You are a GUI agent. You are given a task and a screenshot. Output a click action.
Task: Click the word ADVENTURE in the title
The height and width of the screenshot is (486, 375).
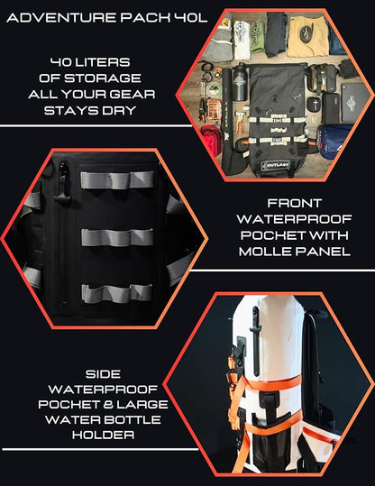tap(61, 18)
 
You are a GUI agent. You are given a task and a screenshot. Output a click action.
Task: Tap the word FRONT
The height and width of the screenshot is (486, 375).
tap(294, 204)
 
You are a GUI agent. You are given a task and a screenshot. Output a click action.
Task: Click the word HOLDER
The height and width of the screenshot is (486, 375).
tap(103, 435)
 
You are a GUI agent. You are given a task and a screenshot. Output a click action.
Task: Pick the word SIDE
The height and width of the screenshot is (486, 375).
tap(103, 374)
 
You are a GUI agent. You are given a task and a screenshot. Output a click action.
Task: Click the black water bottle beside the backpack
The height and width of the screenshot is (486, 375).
tap(239, 82)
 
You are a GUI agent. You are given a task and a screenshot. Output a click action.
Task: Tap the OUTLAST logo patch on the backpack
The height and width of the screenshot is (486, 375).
tap(275, 166)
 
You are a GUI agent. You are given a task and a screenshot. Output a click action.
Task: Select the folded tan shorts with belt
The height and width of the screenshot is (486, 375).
tap(306, 36)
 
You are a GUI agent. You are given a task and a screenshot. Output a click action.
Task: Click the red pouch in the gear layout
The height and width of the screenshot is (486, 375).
tap(211, 140)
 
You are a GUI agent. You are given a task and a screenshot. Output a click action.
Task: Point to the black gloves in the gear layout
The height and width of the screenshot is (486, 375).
tap(348, 69)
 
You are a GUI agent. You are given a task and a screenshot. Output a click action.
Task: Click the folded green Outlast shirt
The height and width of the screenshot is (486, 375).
tap(257, 37)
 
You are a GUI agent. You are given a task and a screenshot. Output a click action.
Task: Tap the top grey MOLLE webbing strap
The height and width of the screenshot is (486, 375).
tap(117, 179)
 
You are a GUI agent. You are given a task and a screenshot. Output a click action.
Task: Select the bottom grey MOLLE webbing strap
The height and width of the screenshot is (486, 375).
tap(116, 293)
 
